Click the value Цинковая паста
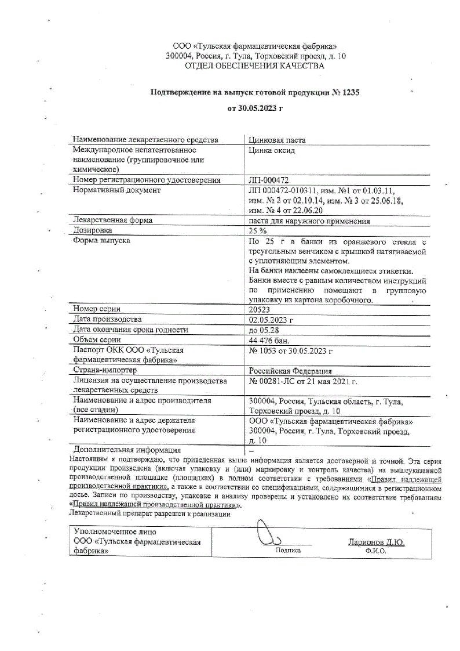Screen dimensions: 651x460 click(x=276, y=140)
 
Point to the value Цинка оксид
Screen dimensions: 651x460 click(x=272, y=150)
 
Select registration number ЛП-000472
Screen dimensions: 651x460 click(x=268, y=180)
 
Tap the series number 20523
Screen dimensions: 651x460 click(x=260, y=309)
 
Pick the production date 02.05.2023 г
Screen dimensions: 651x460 click(x=271, y=320)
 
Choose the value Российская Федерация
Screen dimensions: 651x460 click(x=290, y=370)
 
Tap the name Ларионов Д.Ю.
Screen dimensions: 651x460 click(x=375, y=542)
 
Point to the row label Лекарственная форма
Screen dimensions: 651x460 click(x=112, y=220)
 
